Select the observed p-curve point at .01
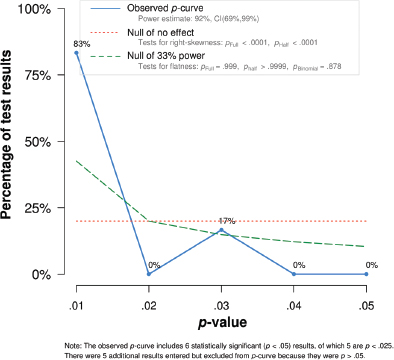(x=76, y=53)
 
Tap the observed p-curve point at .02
(x=149, y=274)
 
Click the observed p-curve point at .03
(x=221, y=230)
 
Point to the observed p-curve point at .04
(x=294, y=274)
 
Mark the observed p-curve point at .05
(x=366, y=274)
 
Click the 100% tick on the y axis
(x=37, y=9)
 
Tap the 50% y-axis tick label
(x=41, y=142)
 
